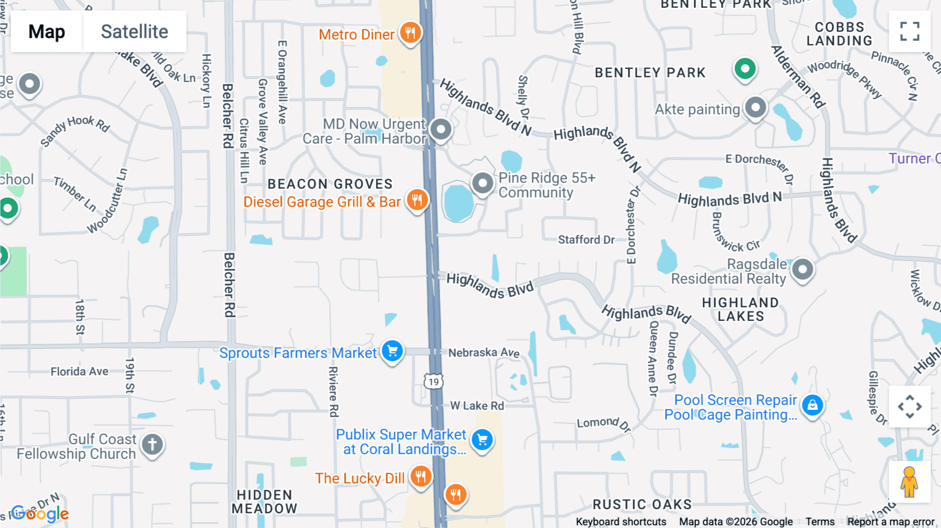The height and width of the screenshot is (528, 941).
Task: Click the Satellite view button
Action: coord(134,32)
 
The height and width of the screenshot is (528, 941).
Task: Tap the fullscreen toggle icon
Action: coord(910,31)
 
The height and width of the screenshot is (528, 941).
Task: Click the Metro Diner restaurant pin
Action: coord(410,32)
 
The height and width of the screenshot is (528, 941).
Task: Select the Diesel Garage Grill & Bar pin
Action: coord(417,200)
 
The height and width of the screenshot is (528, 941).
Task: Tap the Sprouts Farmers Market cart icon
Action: coord(392,351)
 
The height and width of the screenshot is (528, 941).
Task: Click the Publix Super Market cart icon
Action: coord(482,440)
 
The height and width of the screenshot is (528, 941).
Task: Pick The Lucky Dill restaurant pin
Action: coord(421,477)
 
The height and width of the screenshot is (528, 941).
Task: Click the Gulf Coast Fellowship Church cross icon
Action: coord(152,445)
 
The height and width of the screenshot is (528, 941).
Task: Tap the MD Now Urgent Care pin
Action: coord(441,129)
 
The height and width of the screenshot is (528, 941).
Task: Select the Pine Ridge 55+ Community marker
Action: coord(483,183)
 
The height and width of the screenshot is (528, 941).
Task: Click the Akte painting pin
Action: coord(755,108)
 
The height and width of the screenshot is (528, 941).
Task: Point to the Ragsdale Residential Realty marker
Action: coord(802,270)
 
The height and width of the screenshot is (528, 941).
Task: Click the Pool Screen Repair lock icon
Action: coord(812,405)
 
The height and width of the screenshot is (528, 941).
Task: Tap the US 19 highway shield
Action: coord(433,382)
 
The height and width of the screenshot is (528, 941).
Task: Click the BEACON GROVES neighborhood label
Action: coord(330,184)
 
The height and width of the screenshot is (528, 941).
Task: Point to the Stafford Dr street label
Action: coord(586,239)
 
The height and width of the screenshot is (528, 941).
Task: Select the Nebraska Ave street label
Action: coord(484,353)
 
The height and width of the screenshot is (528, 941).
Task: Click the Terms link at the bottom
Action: coord(820,521)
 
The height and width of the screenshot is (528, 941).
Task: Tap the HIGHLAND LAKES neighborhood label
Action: coord(740,309)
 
